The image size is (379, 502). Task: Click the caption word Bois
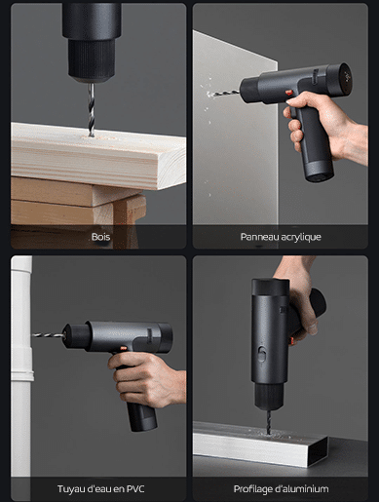[x=100, y=237]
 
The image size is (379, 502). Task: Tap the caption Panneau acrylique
[x=281, y=237]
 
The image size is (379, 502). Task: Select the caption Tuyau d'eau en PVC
[x=100, y=489]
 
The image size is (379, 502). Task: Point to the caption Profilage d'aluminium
[x=281, y=489]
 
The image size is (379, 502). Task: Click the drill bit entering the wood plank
[x=92, y=110]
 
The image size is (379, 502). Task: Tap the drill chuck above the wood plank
[x=92, y=60]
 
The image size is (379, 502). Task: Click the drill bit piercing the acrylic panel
[x=223, y=94]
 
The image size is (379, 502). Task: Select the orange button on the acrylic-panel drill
[x=289, y=93]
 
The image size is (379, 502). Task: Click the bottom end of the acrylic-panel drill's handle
[x=320, y=177]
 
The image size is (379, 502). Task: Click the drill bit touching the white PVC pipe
[x=48, y=335]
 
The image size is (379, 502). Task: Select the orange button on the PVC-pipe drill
[x=124, y=348]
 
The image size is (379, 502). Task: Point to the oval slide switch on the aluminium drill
[x=262, y=354]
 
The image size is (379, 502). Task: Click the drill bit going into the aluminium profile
[x=268, y=422]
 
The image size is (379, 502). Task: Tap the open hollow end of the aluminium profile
[x=319, y=452]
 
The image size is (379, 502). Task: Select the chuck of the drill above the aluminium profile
[x=269, y=397]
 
